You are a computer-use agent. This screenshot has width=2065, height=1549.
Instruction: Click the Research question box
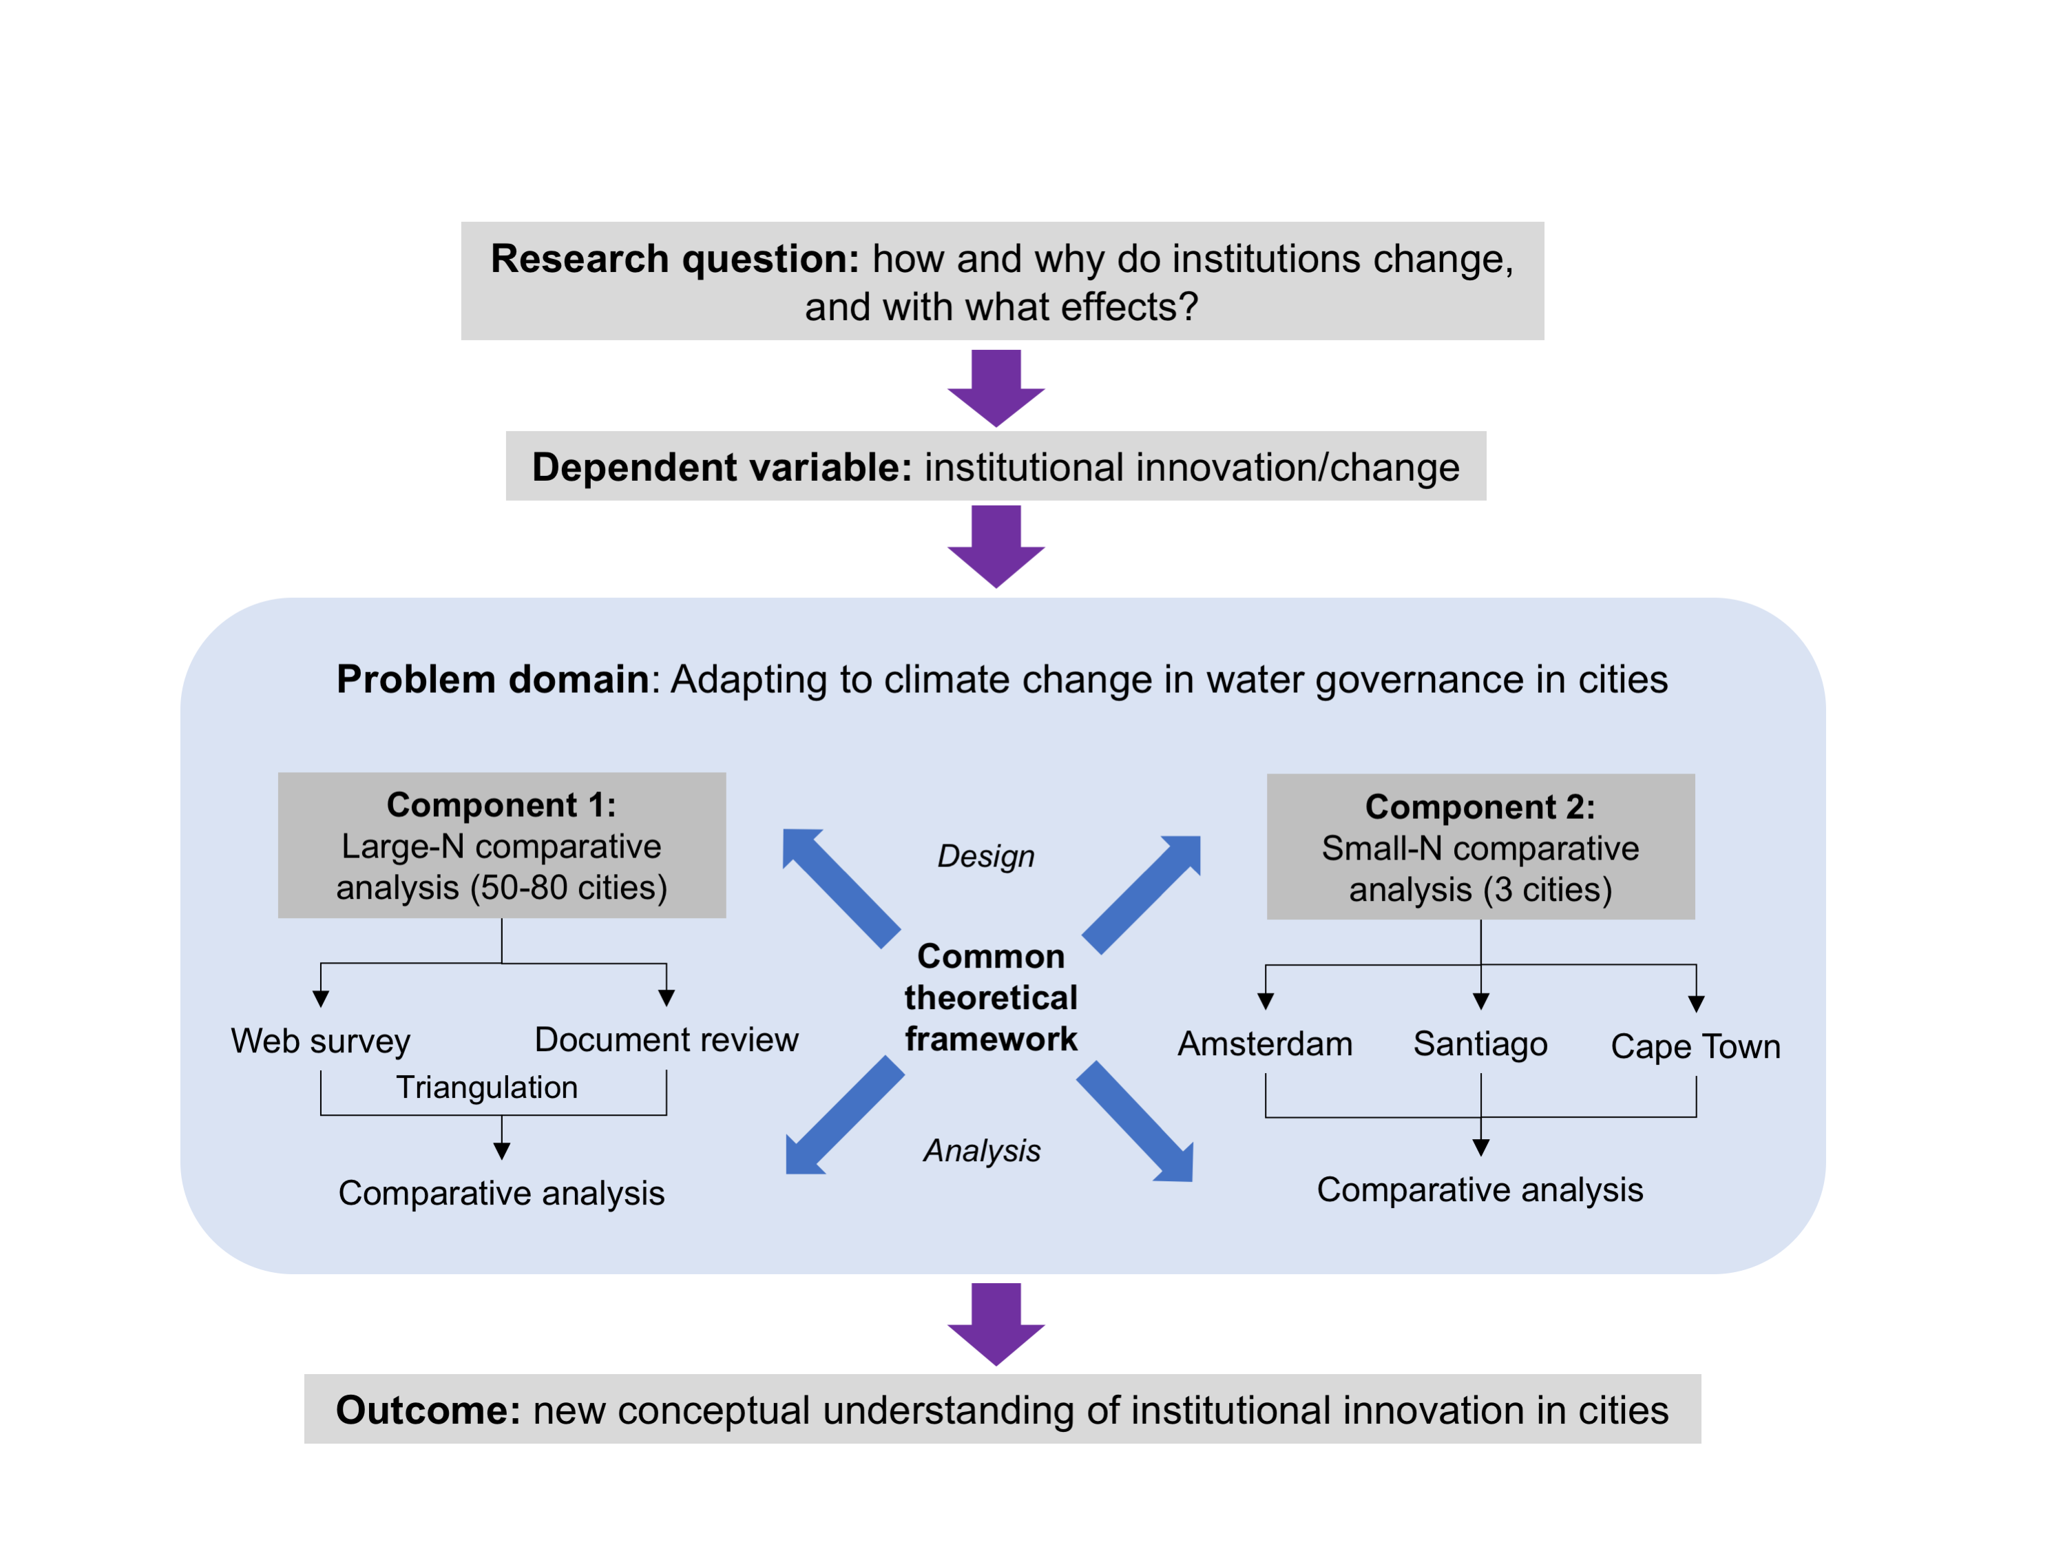click(x=1002, y=281)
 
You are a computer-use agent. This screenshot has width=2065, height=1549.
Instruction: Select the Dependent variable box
click(x=995, y=466)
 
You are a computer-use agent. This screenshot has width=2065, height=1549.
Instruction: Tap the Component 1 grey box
click(x=501, y=845)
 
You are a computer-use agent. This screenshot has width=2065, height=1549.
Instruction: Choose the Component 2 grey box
click(x=1480, y=847)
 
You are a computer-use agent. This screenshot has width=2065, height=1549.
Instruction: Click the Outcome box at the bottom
click(x=1002, y=1409)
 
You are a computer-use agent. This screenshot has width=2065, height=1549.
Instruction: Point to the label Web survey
click(x=320, y=1040)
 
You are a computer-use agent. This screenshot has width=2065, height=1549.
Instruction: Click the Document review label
click(x=666, y=1039)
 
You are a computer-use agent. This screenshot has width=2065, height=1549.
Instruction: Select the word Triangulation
click(x=486, y=1087)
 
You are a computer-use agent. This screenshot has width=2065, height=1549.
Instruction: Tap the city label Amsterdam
click(x=1265, y=1043)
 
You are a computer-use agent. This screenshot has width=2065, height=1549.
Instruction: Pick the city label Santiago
click(x=1480, y=1043)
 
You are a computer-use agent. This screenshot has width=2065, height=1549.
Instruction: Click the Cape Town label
click(x=1695, y=1046)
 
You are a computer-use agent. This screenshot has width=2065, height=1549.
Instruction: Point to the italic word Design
click(x=986, y=855)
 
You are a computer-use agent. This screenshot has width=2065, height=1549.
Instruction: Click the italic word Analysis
click(x=982, y=1150)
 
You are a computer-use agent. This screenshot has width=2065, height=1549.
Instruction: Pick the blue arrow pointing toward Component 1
click(x=840, y=887)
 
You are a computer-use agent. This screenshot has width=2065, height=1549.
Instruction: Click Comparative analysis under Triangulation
click(x=501, y=1192)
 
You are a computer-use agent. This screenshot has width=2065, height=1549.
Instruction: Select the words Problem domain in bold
click(x=492, y=679)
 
